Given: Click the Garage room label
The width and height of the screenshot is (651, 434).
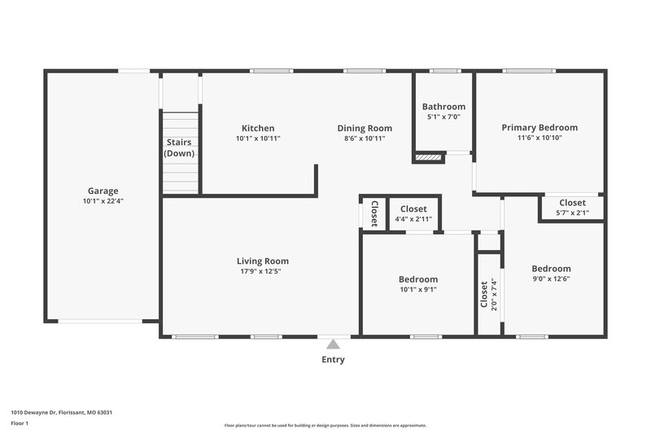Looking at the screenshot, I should (x=103, y=191).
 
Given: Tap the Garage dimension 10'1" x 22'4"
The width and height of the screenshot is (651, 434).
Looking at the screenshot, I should (x=103, y=201).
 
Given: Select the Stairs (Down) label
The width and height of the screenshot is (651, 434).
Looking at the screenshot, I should (x=179, y=147).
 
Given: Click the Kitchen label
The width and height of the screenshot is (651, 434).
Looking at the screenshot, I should (x=258, y=128).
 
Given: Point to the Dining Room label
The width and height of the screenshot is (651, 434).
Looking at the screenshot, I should (x=365, y=128).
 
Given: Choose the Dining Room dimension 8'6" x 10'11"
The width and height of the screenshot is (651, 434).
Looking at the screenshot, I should (x=365, y=138).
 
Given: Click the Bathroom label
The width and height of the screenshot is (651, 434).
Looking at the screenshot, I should (x=443, y=107).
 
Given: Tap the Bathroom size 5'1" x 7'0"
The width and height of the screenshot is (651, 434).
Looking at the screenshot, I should (x=443, y=116).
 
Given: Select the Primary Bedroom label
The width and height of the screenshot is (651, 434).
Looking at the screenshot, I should (x=540, y=127).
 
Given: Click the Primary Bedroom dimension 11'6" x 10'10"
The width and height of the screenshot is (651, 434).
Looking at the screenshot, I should (x=540, y=138).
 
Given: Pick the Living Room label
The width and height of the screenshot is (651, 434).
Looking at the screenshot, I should (x=263, y=261).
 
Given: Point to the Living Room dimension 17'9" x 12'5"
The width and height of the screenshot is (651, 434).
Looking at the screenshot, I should (x=263, y=272).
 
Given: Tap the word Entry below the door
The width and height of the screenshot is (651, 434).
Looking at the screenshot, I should (x=333, y=360).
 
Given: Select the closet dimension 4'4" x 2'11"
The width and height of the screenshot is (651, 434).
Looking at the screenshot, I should (x=413, y=219).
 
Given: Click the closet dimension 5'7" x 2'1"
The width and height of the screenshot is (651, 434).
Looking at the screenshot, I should (x=572, y=213).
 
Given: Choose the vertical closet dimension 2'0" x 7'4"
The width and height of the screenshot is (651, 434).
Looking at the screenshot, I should (x=493, y=294).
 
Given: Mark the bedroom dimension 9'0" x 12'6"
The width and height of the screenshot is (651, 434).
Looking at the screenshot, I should (x=551, y=279).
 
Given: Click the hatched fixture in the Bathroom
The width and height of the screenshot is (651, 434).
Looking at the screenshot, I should (x=427, y=156).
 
